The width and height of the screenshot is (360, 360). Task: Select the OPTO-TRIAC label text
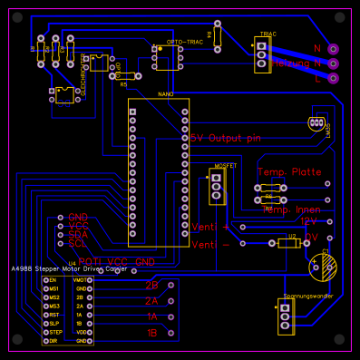tap(185, 42)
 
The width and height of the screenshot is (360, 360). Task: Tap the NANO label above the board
tap(165, 94)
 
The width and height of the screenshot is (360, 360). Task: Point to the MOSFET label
tap(225, 166)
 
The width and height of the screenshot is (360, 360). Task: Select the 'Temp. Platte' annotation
tap(289, 171)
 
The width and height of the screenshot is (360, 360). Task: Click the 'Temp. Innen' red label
tap(292, 209)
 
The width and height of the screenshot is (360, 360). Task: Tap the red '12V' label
tap(309, 220)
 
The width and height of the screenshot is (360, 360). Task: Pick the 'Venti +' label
tap(210, 226)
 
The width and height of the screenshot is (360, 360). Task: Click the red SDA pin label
tap(78, 234)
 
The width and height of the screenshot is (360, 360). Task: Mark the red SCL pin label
tap(78, 243)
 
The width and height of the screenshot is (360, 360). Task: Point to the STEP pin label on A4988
tap(54, 332)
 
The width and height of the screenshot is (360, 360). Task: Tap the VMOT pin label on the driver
tap(81, 280)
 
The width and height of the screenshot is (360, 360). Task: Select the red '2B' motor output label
tap(151, 284)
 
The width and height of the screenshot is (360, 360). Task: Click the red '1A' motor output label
tap(151, 316)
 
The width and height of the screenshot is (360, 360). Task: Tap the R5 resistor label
tap(123, 84)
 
